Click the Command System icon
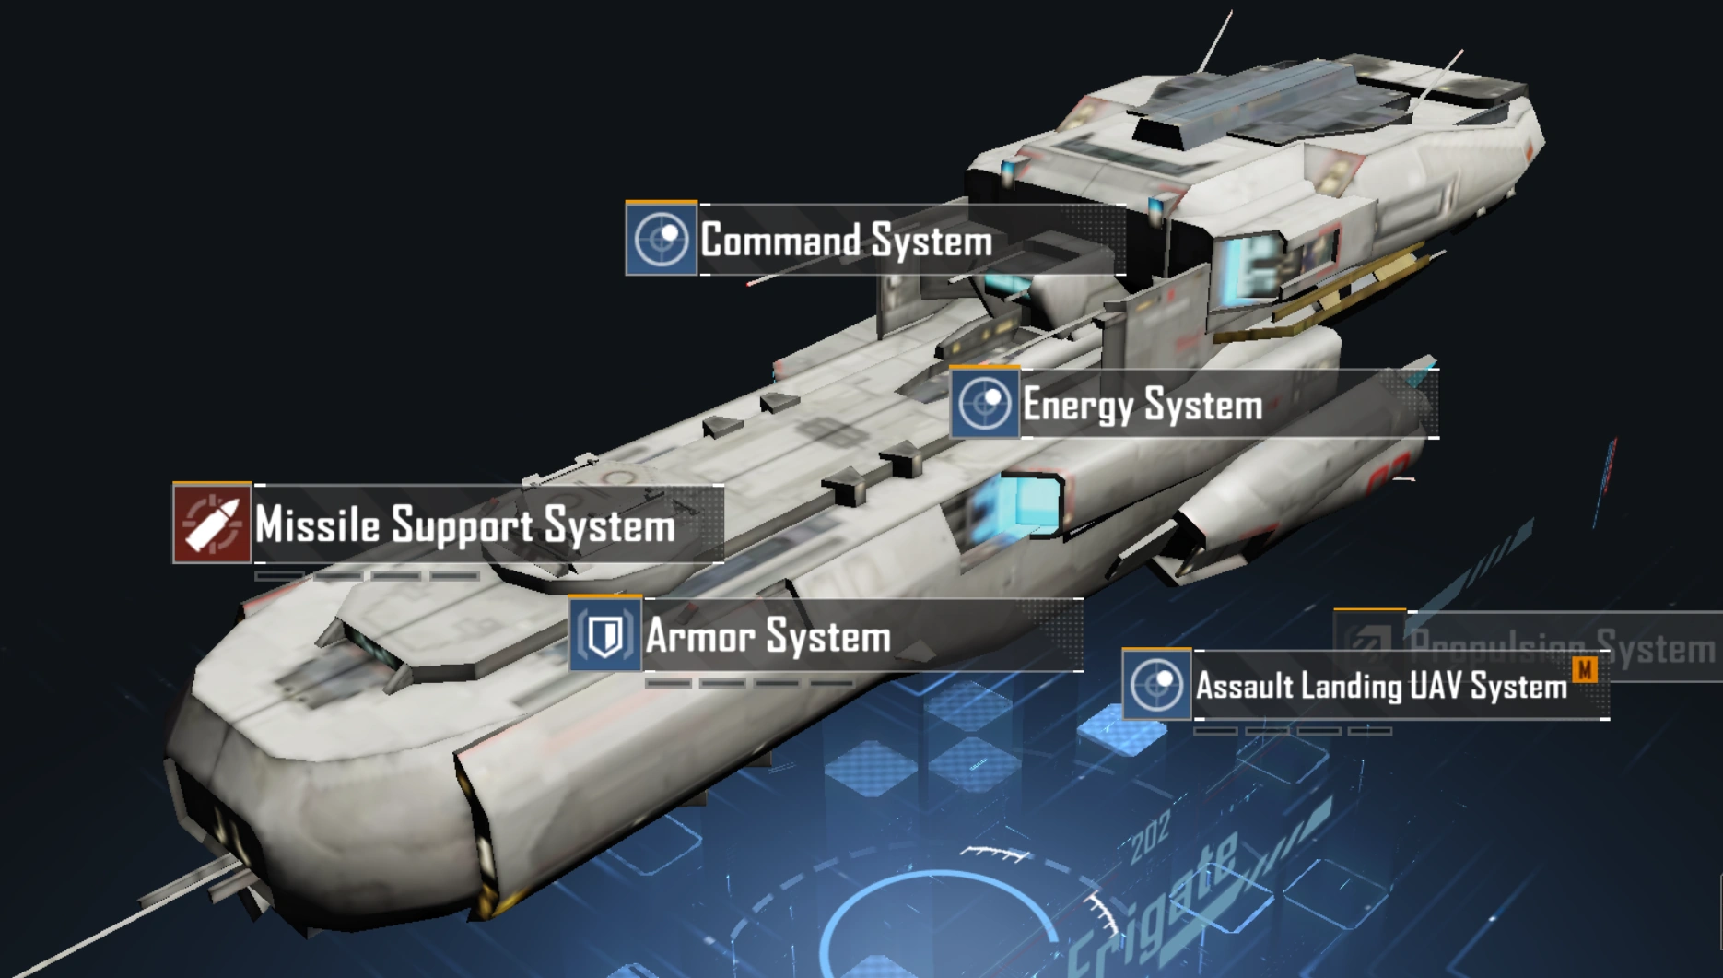coord(661,240)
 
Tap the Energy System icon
coord(985,404)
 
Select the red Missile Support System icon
coord(212,524)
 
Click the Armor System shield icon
coord(605,635)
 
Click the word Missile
coord(317,524)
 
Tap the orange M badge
coord(1586,669)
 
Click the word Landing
coord(1352,686)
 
